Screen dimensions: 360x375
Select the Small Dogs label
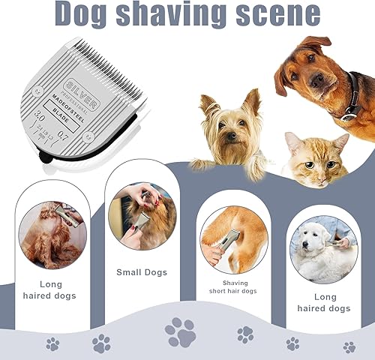tap(142, 272)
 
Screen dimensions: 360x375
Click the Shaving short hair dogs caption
tap(234, 287)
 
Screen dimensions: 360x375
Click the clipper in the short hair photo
tap(228, 241)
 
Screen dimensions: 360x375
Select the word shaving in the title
tap(179, 15)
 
